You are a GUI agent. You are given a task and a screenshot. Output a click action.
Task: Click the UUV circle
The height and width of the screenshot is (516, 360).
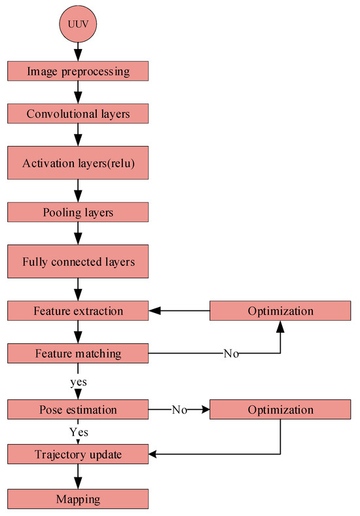coord(78,26)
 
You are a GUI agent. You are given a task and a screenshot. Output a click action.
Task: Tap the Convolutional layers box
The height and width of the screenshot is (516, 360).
coord(78,114)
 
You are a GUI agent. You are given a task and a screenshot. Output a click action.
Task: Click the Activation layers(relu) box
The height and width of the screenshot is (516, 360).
coord(78,163)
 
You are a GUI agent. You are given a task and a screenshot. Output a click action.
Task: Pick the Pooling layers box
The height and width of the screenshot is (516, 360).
coord(78,212)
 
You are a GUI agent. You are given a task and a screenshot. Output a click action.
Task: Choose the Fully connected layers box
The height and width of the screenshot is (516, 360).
coord(78,261)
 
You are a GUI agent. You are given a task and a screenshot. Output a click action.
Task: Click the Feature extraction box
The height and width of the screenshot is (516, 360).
coord(78,311)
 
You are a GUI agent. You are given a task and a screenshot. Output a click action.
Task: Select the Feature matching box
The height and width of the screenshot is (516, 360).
coord(78,354)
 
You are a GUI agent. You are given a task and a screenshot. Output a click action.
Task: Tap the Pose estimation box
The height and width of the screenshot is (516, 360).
coord(78,410)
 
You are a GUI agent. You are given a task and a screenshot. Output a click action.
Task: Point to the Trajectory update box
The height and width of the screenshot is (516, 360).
coord(78,453)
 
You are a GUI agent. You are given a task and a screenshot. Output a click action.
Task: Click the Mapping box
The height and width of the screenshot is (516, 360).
coord(78,499)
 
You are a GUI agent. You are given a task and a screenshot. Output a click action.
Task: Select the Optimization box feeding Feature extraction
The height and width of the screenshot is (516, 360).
coord(280,311)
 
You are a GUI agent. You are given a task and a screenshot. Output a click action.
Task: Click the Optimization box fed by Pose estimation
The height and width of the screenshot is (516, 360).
coord(280,410)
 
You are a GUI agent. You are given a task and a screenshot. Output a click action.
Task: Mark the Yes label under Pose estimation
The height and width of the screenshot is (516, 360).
coord(78,432)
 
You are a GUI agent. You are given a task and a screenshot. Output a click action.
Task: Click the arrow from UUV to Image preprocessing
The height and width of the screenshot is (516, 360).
coord(78,51)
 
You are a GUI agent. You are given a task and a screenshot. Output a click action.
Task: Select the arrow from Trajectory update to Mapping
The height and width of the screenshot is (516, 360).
coord(78,476)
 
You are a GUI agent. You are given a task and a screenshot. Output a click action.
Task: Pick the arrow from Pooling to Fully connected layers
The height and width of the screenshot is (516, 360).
coord(78,232)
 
